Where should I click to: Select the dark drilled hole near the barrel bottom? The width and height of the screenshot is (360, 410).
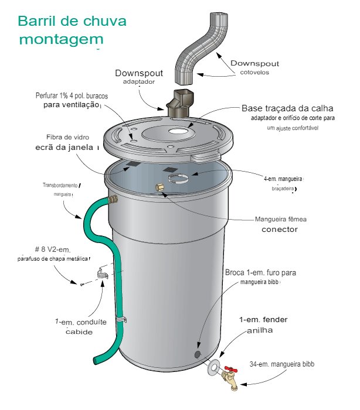[x=198, y=354]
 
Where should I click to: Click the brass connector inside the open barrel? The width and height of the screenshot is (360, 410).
[x=159, y=187]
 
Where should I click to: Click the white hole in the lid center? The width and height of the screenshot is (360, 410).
[x=178, y=131]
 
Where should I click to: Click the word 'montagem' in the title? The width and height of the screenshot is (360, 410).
[x=62, y=39]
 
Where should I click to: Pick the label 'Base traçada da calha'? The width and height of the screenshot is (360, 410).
[x=287, y=108]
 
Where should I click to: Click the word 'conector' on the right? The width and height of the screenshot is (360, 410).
[x=280, y=230]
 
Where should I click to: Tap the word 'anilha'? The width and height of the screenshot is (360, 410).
[x=260, y=330]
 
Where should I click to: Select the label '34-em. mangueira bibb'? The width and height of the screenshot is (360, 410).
[x=281, y=364]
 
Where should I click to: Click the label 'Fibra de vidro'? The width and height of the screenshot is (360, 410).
[x=67, y=137]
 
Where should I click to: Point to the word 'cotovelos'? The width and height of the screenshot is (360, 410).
[x=254, y=73]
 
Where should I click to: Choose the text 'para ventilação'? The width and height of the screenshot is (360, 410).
[x=71, y=105]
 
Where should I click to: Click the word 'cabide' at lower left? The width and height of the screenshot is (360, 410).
[x=79, y=332]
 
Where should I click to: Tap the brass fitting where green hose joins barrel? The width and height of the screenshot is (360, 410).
[x=113, y=200]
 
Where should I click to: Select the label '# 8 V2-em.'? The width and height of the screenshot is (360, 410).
[x=53, y=250]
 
